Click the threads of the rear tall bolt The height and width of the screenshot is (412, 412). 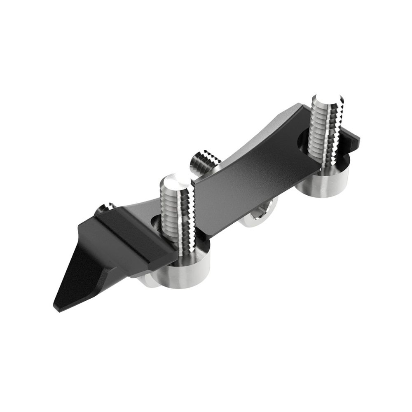(328, 132)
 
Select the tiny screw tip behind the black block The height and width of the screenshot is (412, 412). (105, 208)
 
